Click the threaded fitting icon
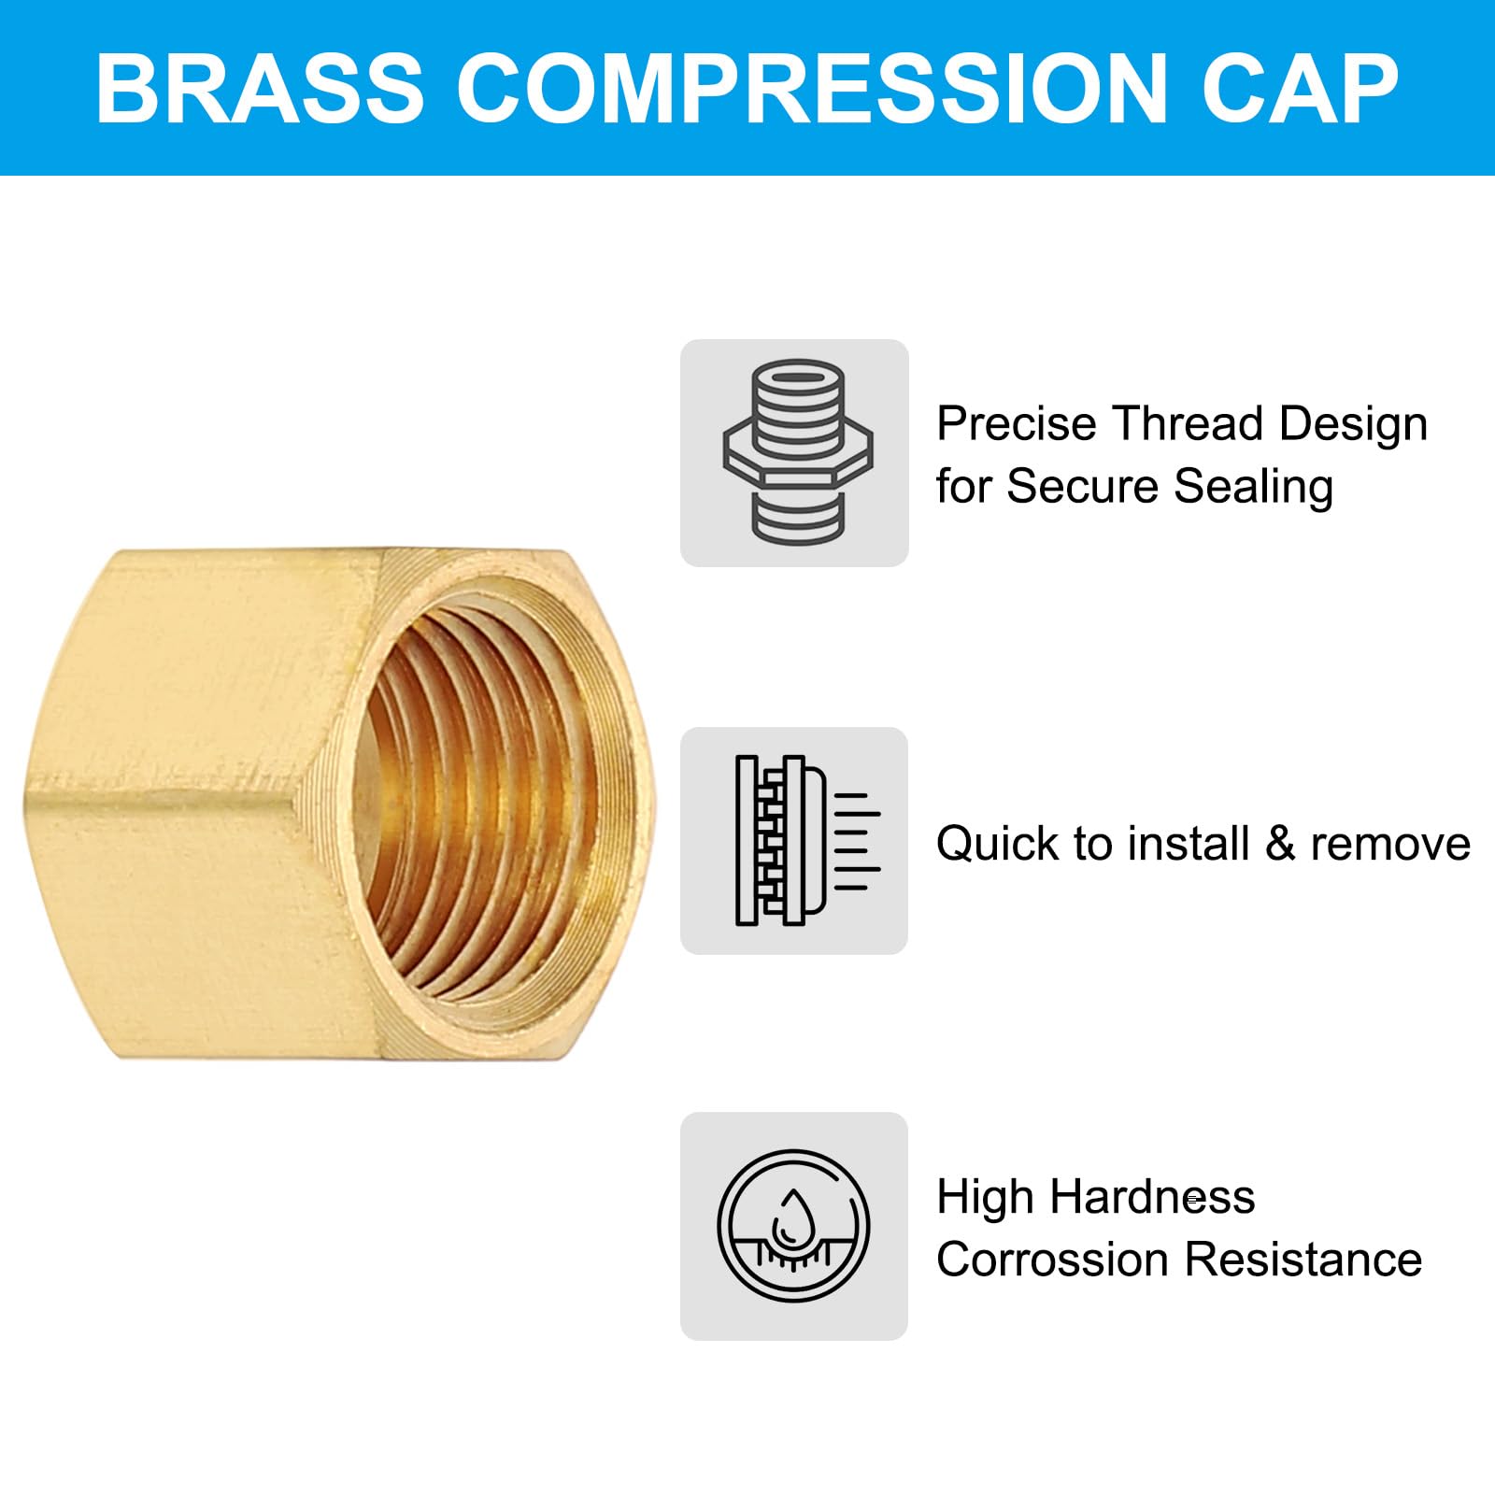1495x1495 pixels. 796,452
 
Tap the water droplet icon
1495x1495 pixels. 793,1225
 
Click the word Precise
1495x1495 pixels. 1016,424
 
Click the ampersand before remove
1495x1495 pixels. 1279,844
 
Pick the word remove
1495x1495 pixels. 1389,844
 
